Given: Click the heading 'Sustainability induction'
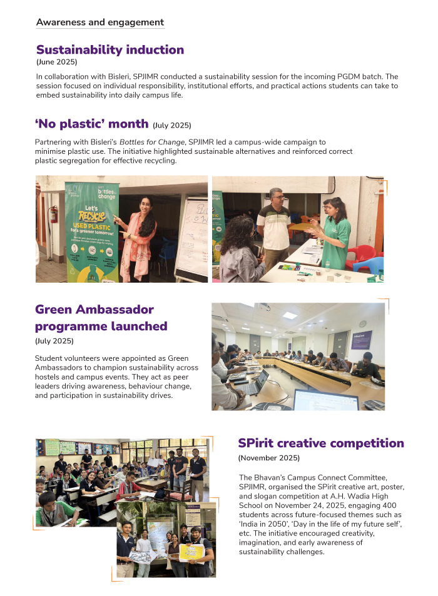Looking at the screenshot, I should [x=110, y=49].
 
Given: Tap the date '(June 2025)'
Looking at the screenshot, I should [x=56, y=63].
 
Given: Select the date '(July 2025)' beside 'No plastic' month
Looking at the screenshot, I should [x=172, y=125].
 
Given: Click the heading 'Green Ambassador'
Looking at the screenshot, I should [x=94, y=310].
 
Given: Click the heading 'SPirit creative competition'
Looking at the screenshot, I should [x=321, y=443].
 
